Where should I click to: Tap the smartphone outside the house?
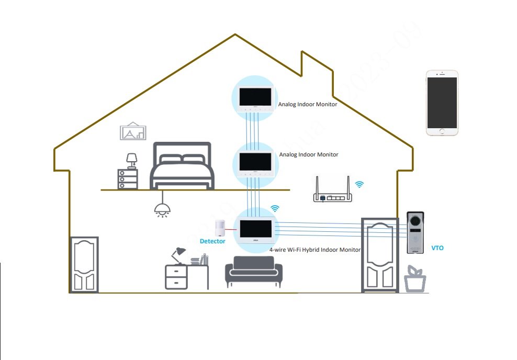[442, 103]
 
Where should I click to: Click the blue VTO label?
[437, 248]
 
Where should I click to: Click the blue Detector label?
[212, 241]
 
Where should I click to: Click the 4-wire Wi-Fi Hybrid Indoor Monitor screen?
[256, 228]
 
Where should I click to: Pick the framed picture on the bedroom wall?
[133, 132]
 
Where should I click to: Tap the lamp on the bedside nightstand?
[132, 159]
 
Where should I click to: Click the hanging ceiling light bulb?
[162, 208]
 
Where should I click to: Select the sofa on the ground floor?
[254, 271]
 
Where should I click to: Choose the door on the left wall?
[84, 264]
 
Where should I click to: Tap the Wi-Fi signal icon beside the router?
[359, 184]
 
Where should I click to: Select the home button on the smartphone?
[442, 131]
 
